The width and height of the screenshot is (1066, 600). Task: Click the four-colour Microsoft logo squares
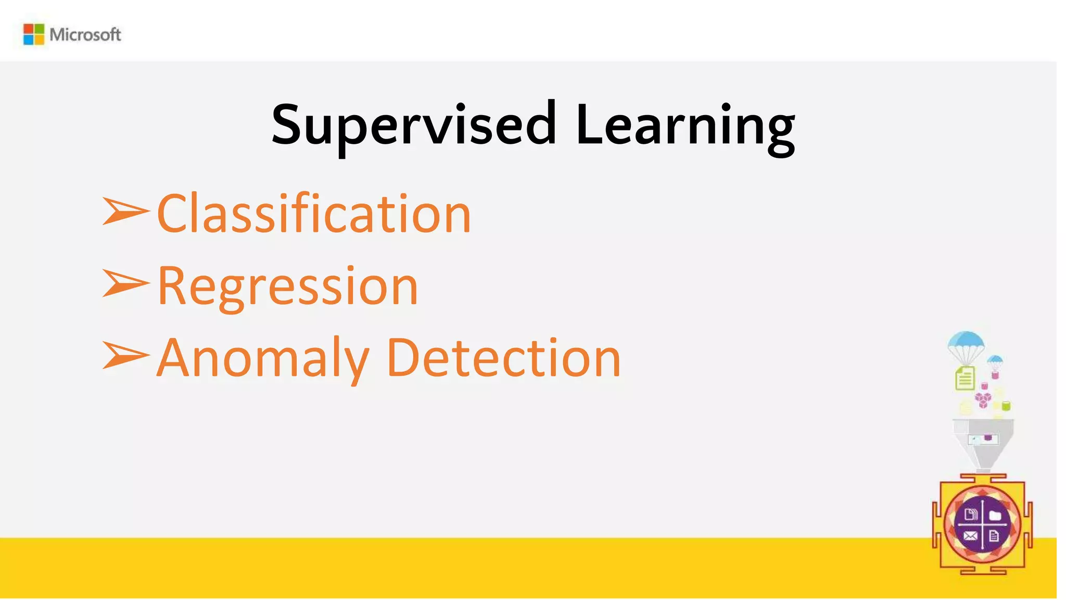(34, 34)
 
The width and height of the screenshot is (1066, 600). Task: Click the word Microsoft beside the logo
(85, 35)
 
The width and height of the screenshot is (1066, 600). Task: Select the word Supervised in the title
(414, 125)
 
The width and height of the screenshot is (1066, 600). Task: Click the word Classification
(314, 214)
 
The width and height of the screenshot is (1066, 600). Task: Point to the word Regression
(288, 286)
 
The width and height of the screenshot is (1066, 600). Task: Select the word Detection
(504, 358)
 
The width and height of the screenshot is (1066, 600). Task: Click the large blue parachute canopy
(966, 341)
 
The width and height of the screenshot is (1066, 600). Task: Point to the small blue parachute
(995, 359)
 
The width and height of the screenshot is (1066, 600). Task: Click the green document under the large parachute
(965, 379)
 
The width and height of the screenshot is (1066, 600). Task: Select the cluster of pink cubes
(983, 399)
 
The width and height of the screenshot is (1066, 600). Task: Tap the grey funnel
(983, 443)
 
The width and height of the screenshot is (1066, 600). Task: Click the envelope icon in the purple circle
(970, 535)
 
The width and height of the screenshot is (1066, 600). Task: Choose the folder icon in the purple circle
(995, 516)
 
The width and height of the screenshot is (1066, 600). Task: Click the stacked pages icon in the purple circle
(970, 515)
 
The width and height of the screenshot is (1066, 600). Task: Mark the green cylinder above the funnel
(1006, 406)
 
